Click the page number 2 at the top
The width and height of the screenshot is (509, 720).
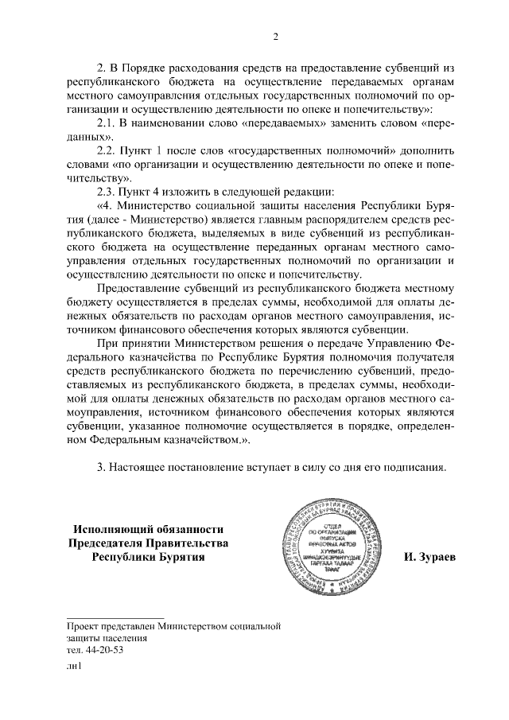[275, 36]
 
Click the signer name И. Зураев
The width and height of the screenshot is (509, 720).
[429, 557]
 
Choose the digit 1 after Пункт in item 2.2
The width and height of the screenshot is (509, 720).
[157, 150]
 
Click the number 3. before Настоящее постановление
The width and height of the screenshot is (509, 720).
[101, 467]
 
